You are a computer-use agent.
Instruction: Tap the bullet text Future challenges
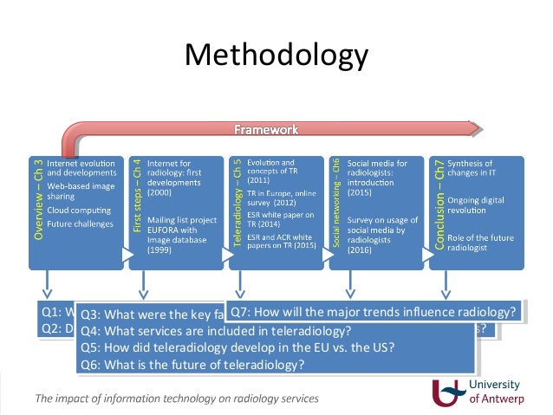80,224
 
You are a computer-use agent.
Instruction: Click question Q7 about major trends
374,310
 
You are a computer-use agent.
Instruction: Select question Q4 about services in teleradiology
216,331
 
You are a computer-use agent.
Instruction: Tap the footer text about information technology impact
177,399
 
